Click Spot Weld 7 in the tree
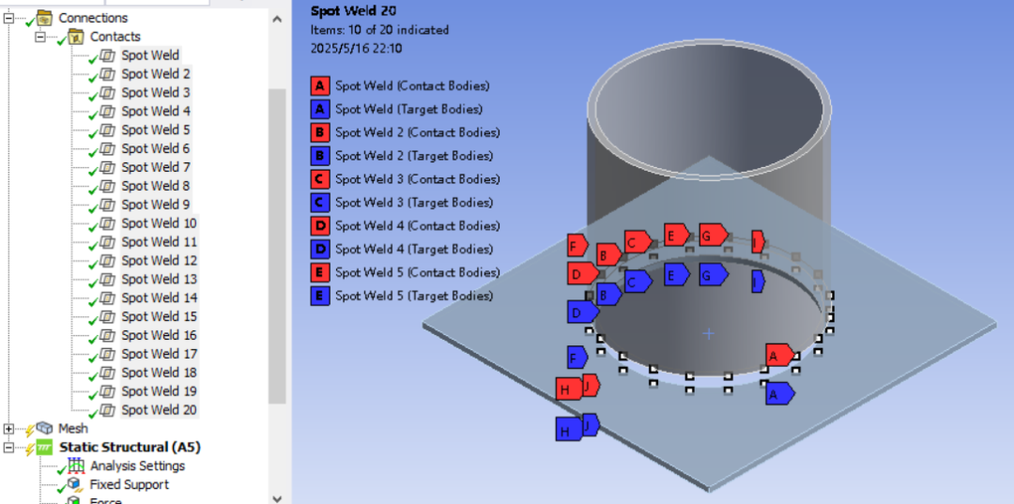[x=156, y=167]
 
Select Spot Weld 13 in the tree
[x=159, y=279]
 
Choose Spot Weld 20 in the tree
[x=159, y=409]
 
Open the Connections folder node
[x=93, y=18]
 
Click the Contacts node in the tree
[x=115, y=37]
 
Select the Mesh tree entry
[x=73, y=428]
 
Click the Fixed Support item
[x=130, y=484]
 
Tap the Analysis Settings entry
[x=138, y=466]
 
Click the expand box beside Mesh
[x=8, y=429]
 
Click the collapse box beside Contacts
[x=40, y=38]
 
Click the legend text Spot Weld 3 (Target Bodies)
[x=414, y=202]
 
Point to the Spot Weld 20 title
[x=353, y=10]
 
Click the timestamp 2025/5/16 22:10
[x=357, y=48]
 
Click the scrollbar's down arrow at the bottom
[x=277, y=498]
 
